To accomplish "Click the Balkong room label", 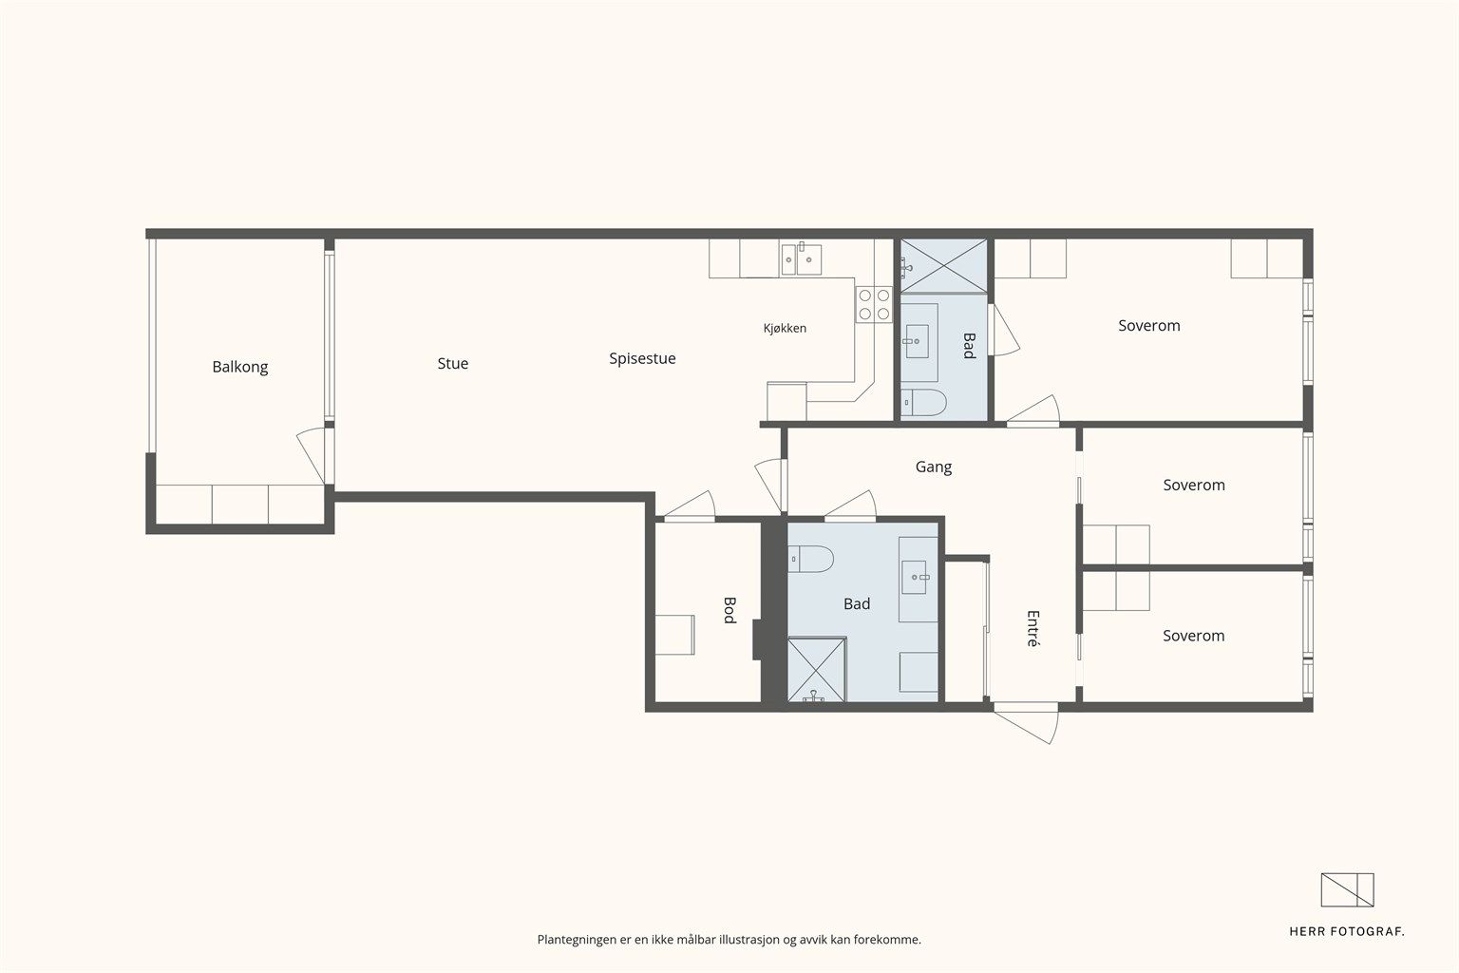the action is (x=239, y=367).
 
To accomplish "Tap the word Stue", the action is (x=453, y=364).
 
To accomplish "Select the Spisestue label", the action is (x=642, y=358).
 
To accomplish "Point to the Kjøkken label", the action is (x=785, y=329).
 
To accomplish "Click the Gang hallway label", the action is (x=934, y=467).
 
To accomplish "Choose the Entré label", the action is (x=1033, y=628).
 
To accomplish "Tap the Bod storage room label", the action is (x=730, y=610).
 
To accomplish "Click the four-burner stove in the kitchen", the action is (x=874, y=304).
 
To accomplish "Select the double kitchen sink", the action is (x=801, y=258).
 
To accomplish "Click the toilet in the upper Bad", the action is (x=923, y=402).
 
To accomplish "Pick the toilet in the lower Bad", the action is (x=811, y=559).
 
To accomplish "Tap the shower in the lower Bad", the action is (x=817, y=670).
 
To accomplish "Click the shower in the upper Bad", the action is (x=944, y=266).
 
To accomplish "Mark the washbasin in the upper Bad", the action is (x=917, y=341).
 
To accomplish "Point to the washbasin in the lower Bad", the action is (x=914, y=578).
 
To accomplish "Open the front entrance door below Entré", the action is (x=1026, y=722).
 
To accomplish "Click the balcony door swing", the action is (x=312, y=455).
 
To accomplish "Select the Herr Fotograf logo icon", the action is (x=1347, y=890).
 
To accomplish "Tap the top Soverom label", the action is (x=1149, y=326).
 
